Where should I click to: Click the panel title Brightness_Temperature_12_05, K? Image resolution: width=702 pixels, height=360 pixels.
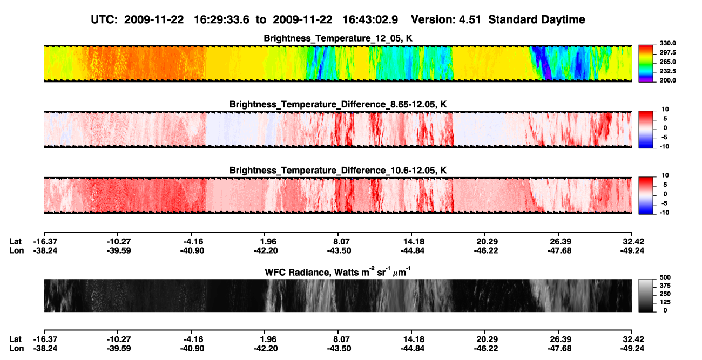tap(338, 38)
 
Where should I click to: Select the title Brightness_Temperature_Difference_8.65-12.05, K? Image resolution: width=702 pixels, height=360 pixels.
tap(338, 104)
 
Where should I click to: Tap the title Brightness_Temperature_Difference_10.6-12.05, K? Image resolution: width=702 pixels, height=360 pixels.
tap(338, 171)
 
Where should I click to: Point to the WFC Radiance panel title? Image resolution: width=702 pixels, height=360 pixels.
tap(338, 271)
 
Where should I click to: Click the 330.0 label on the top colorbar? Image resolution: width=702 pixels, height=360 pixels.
tap(667, 43)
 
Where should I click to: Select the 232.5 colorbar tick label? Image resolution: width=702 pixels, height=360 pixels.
tap(667, 71)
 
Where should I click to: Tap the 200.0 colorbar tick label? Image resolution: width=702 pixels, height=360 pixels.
tap(667, 80)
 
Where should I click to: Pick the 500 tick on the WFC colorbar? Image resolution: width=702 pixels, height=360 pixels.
tap(665, 277)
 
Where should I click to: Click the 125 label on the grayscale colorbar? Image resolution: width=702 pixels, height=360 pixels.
tap(665, 302)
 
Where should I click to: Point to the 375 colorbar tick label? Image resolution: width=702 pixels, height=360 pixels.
tap(665, 286)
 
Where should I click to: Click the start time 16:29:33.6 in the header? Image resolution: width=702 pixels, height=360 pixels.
tap(221, 19)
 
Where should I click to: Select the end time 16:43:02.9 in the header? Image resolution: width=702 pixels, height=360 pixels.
tap(370, 19)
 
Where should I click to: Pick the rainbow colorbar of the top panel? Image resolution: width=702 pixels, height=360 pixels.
tap(646, 64)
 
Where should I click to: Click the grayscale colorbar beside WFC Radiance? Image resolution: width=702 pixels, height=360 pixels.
tap(646, 295)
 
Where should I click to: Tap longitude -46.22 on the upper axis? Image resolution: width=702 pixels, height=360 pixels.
tap(486, 250)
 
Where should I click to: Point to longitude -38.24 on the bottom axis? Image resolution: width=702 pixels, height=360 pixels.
tap(45, 349)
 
